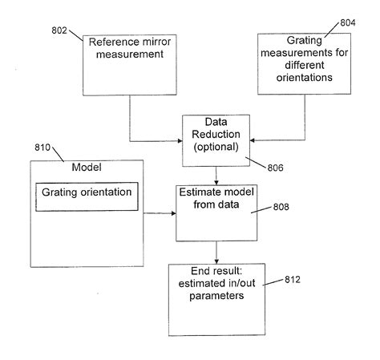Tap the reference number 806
click(x=275, y=168)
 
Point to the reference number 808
click(x=279, y=206)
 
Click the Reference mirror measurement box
click(x=130, y=64)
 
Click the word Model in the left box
click(x=86, y=168)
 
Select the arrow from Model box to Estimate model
click(x=160, y=213)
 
